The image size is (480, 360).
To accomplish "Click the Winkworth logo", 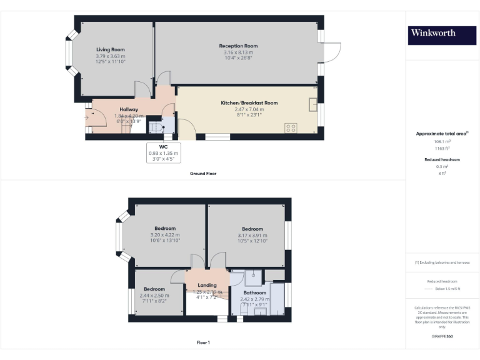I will click(442, 35).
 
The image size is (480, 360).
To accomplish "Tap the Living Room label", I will click(111, 49).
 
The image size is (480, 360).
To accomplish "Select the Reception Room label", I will click(238, 46).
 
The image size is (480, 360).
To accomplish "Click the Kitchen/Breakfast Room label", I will click(249, 102).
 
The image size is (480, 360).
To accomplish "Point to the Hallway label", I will click(129, 109).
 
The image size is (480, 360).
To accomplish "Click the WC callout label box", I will click(163, 153).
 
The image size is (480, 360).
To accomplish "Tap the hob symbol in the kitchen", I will click(291, 128).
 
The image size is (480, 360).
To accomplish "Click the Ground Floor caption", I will click(203, 173).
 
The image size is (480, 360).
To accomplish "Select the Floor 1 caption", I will click(203, 342).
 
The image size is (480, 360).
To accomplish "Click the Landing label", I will click(207, 285).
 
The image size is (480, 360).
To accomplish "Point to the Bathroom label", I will click(255, 292).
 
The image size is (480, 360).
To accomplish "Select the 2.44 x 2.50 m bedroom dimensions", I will click(154, 295).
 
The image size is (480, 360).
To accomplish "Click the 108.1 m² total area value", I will click(442, 142).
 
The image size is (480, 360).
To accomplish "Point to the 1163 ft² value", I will click(442, 148).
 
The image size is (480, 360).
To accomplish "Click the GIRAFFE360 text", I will click(442, 337).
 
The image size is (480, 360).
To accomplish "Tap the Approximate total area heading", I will click(441, 134).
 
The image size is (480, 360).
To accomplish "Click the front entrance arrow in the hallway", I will click(86, 117).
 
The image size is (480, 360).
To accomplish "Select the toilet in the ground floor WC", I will click(154, 127).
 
